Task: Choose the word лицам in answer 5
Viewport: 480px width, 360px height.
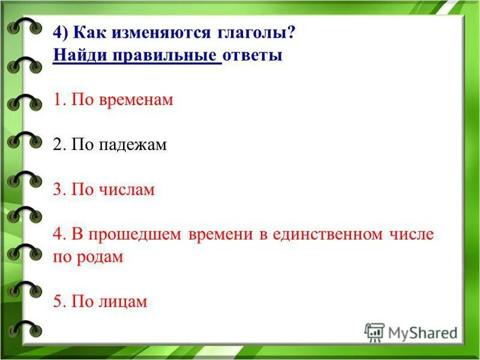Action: click(122, 301)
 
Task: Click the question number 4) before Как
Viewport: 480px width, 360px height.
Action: click(61, 34)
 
